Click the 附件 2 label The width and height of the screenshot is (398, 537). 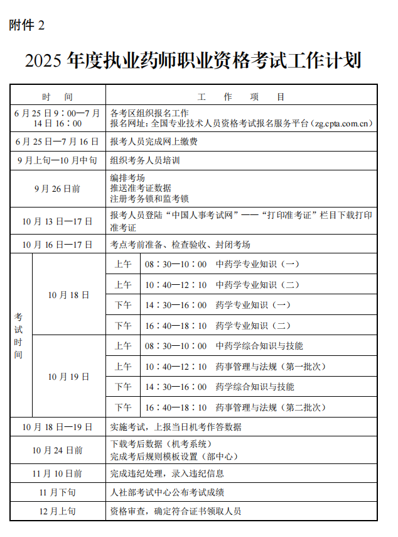(28, 25)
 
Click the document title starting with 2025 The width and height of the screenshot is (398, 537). (193, 61)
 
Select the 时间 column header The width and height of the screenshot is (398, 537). (58, 97)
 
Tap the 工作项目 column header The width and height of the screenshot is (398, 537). (241, 97)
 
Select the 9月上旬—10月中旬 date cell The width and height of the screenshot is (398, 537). (58, 160)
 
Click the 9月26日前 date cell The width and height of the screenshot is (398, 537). (58, 188)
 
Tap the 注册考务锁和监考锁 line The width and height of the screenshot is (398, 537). (149, 199)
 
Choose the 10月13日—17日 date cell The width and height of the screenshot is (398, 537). (58, 221)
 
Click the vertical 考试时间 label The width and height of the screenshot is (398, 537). (19, 336)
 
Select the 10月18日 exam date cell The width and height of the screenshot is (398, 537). (69, 294)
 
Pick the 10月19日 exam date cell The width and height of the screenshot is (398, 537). (69, 377)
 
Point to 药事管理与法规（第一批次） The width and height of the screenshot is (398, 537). (271, 367)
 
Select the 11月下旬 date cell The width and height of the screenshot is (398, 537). (58, 492)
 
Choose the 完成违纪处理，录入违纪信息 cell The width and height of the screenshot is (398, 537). (167, 473)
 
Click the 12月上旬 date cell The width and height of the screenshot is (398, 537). (58, 511)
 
